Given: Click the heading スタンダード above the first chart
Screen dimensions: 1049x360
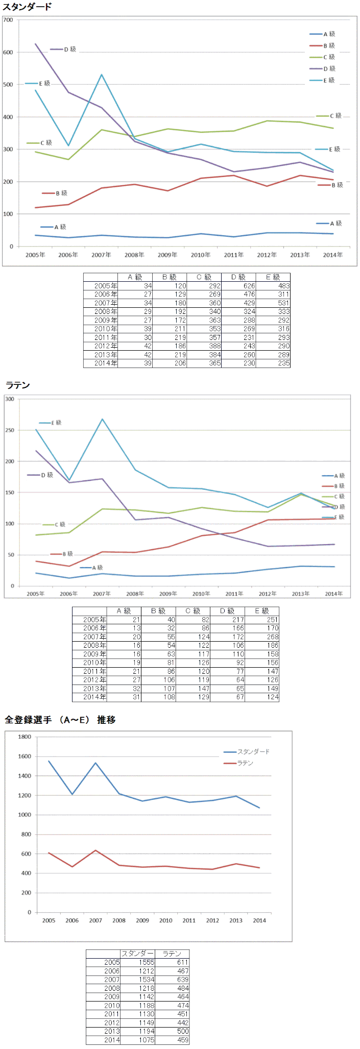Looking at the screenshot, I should point(27,7).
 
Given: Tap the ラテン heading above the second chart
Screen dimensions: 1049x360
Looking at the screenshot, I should point(18,385).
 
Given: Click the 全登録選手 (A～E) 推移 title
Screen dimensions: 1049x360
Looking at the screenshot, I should point(60,720).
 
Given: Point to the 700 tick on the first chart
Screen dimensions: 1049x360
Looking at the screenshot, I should point(8,20).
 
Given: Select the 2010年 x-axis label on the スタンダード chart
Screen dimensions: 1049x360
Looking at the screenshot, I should point(201,255).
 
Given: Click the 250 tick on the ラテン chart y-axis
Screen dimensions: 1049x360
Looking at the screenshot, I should point(10,430).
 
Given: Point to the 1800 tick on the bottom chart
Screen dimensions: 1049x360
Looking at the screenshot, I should point(25,737).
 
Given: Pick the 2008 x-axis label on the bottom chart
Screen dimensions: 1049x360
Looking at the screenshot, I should point(119,920).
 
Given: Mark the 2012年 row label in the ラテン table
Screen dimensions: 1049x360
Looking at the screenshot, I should point(94,680).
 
